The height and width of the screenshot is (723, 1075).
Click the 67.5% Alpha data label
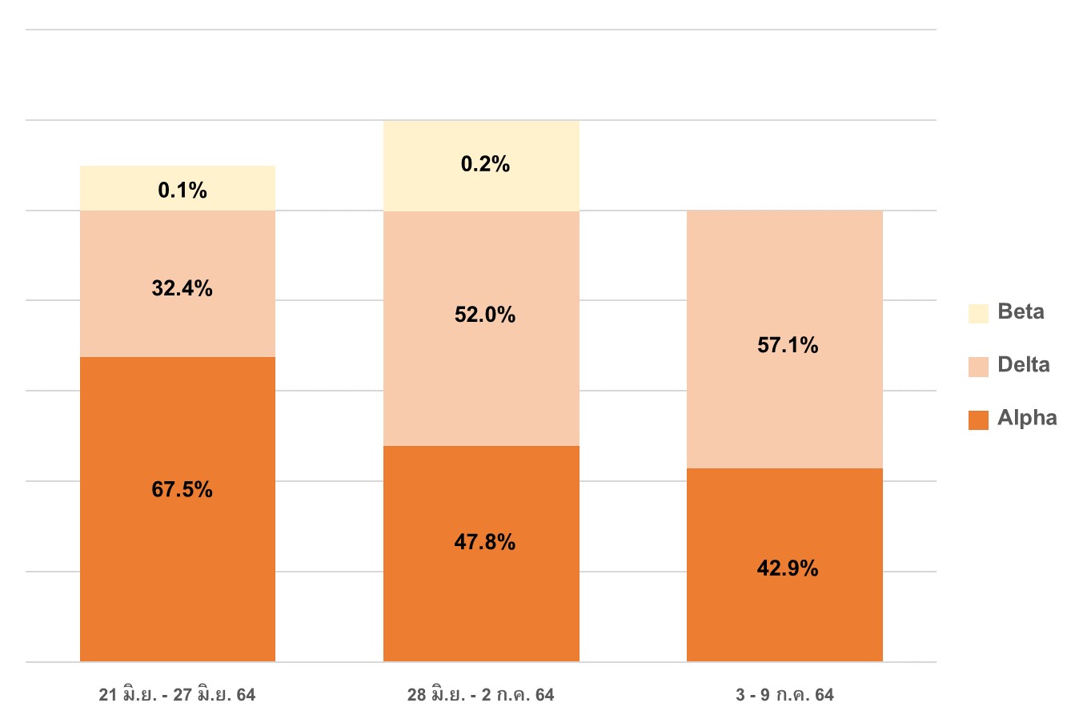(x=183, y=489)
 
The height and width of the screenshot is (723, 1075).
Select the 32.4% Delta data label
(x=183, y=288)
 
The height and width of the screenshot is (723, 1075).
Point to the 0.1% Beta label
(x=183, y=191)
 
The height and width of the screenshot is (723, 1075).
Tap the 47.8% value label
(x=485, y=542)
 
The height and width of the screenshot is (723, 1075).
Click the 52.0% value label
(x=485, y=315)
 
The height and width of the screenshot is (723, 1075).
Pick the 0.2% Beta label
(x=485, y=164)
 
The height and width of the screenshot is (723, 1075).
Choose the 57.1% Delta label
(x=788, y=345)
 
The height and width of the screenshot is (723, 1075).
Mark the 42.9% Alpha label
(x=788, y=568)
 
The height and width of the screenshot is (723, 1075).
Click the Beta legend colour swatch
(x=978, y=313)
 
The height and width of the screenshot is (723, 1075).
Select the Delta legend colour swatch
(x=978, y=367)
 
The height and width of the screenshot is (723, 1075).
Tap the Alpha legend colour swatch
(x=978, y=420)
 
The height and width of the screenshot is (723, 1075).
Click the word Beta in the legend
(x=1021, y=311)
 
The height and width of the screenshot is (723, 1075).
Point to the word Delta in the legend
(x=1023, y=365)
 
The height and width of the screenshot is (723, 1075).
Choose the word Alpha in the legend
(x=1027, y=418)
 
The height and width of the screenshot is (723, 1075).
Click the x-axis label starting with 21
(x=177, y=695)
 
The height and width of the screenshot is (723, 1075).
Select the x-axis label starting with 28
(x=480, y=695)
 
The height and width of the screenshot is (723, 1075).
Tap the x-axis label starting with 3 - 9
(x=784, y=695)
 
